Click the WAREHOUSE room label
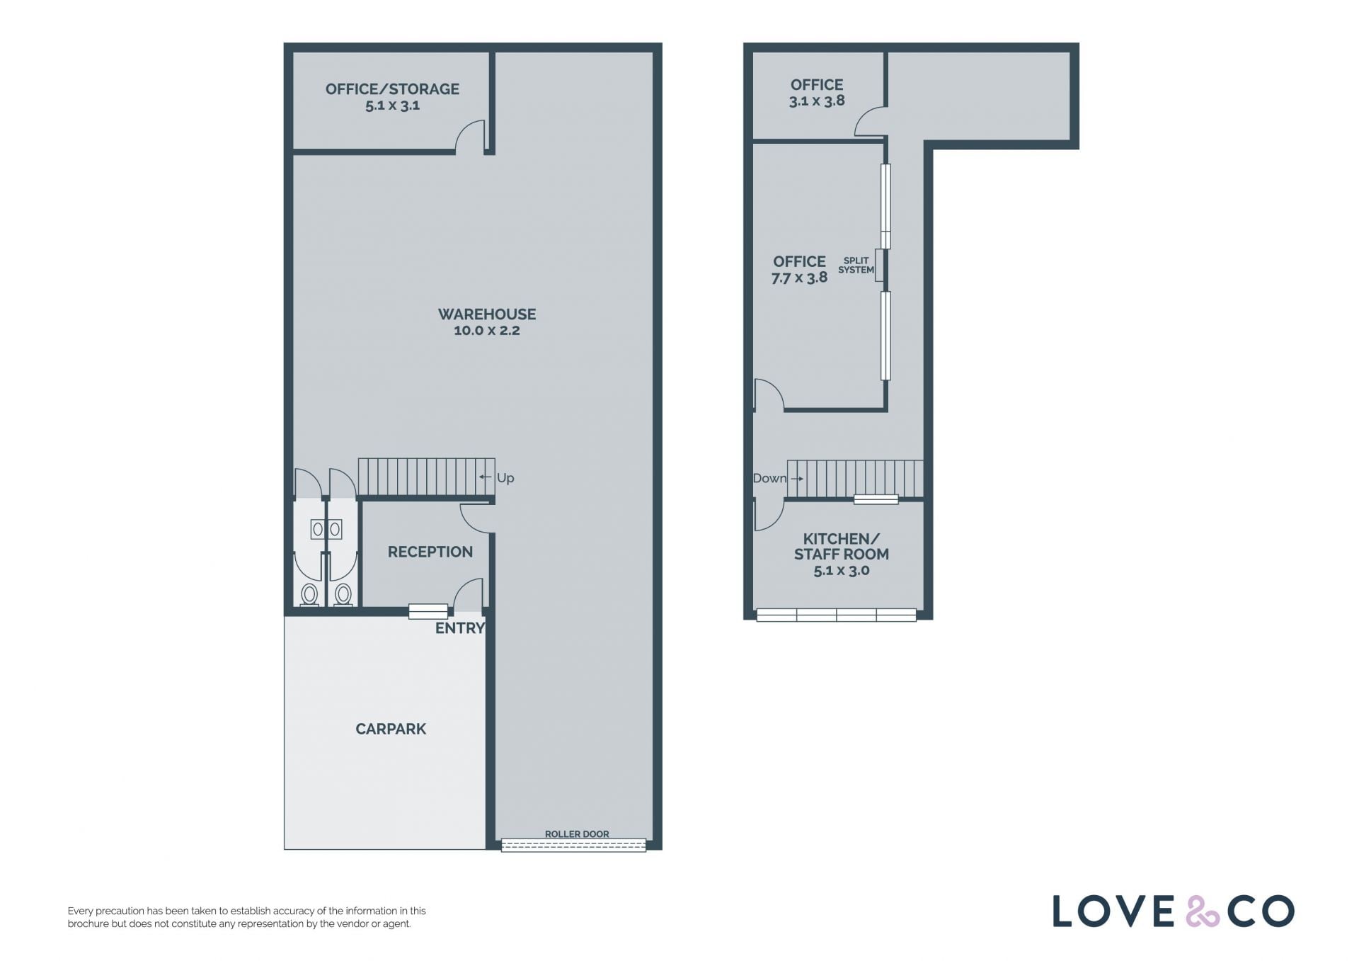coord(487,314)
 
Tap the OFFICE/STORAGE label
coord(392,89)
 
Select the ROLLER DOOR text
coord(577,834)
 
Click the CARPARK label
coord(391,729)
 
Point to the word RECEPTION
coord(430,552)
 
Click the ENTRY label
coord(460,628)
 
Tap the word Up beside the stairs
coord(505,478)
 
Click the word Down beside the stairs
coord(769,478)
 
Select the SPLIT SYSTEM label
coord(856,265)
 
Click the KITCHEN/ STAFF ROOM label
coord(842,546)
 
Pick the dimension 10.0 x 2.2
coord(487,331)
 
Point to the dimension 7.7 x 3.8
coord(800,278)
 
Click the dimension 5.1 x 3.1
coord(392,106)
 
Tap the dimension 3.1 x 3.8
coord(817,101)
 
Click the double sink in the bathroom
coord(326,529)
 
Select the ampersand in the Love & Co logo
coord(1203,911)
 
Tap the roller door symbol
coord(574,845)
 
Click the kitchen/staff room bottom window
coord(837,615)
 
